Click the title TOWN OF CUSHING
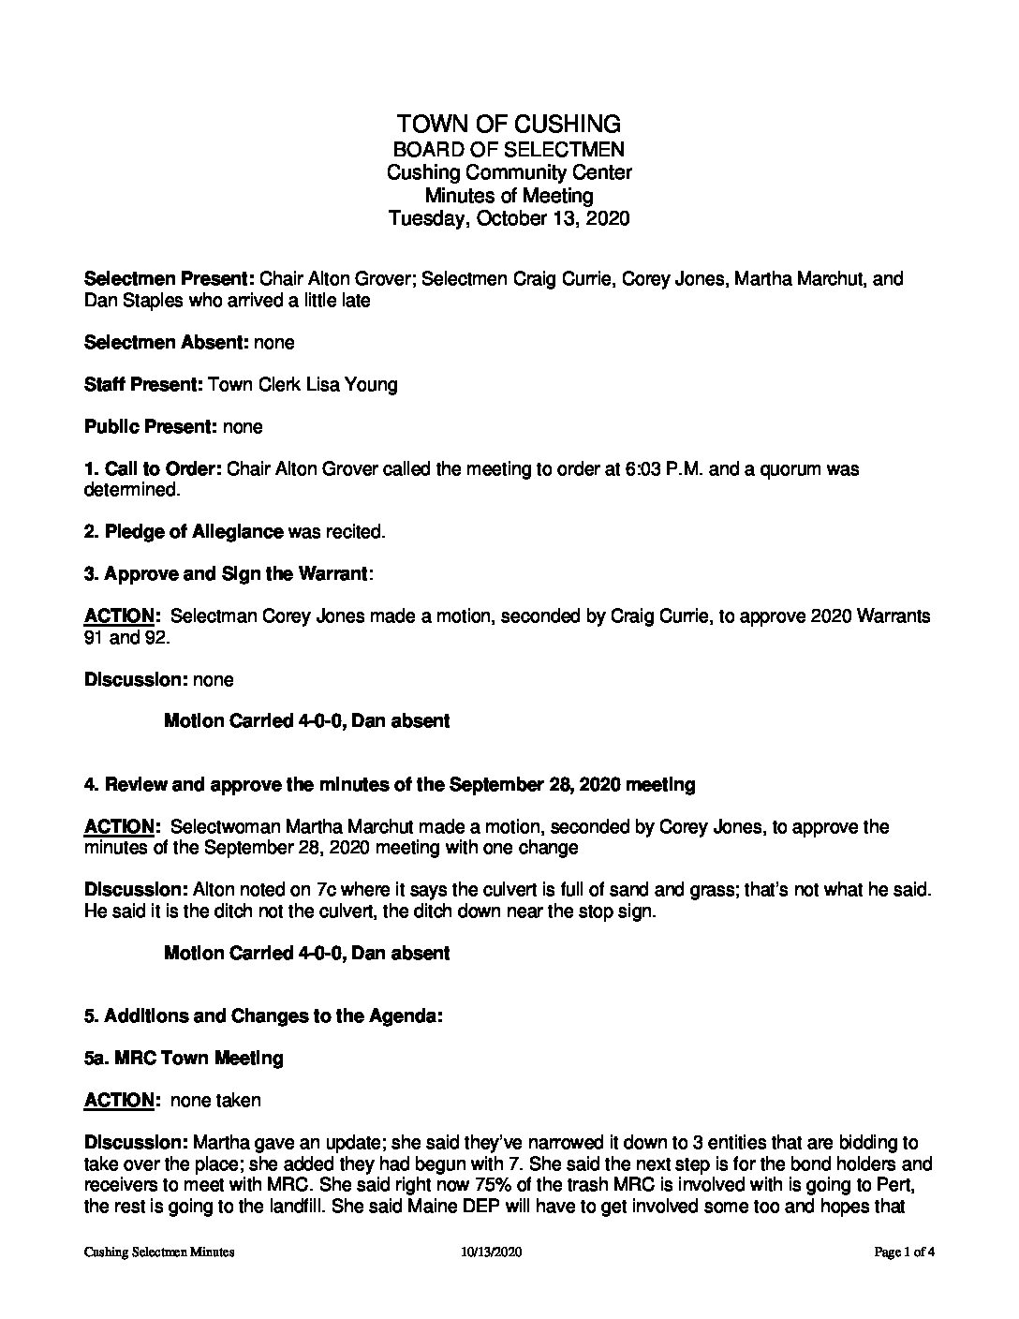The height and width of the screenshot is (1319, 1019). pos(509,124)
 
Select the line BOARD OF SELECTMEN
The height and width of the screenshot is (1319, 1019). pos(509,149)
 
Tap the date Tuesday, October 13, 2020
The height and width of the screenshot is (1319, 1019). pos(509,218)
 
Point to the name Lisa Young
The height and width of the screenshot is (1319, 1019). pos(360,385)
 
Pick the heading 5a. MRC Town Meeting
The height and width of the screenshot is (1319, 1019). pos(184,1058)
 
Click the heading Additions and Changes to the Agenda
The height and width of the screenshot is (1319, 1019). pos(273,1015)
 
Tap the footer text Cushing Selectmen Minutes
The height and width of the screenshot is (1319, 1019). pos(158,1252)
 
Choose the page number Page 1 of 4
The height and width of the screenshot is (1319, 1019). pos(905,1252)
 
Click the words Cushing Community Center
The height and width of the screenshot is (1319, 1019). pos(509,172)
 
